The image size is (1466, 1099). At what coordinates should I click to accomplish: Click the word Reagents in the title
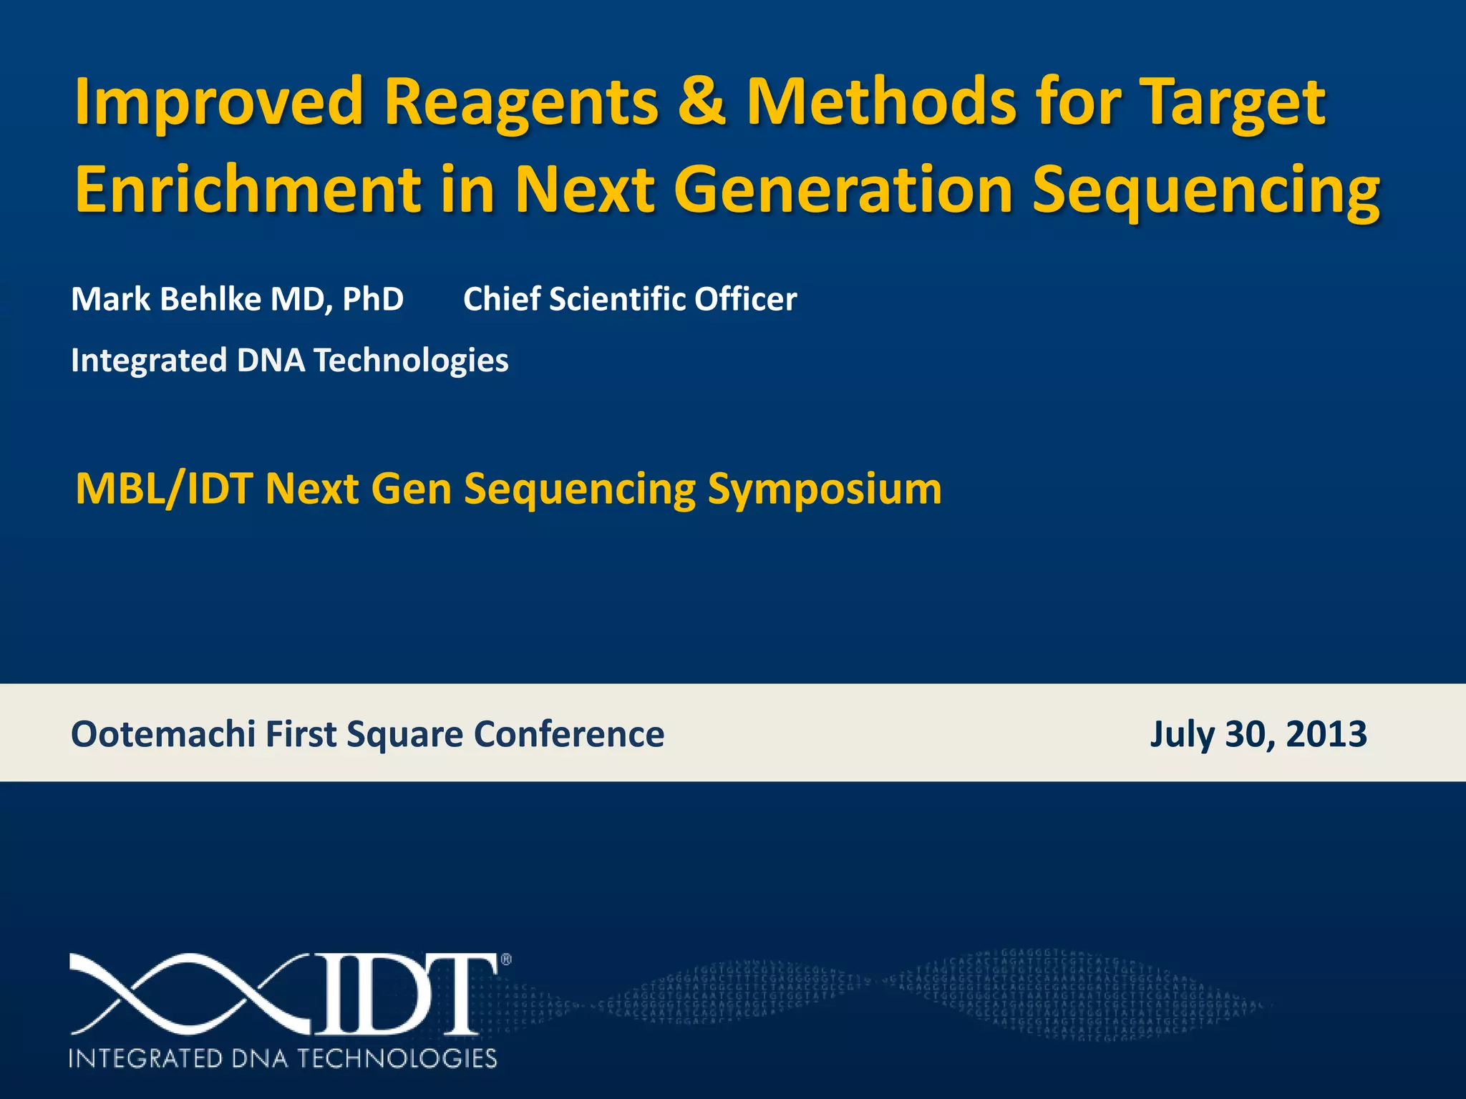[x=520, y=101]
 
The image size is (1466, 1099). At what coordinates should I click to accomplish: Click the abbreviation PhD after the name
[x=372, y=299]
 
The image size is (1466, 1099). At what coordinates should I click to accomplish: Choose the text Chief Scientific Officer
[x=630, y=299]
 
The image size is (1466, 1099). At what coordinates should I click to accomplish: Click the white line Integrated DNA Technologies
[x=290, y=360]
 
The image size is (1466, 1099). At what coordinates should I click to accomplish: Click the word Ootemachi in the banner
[x=163, y=734]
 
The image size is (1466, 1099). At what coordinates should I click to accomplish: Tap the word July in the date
[x=1182, y=734]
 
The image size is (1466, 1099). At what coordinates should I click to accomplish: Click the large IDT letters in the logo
[x=404, y=995]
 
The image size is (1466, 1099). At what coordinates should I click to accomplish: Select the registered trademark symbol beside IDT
[x=506, y=960]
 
